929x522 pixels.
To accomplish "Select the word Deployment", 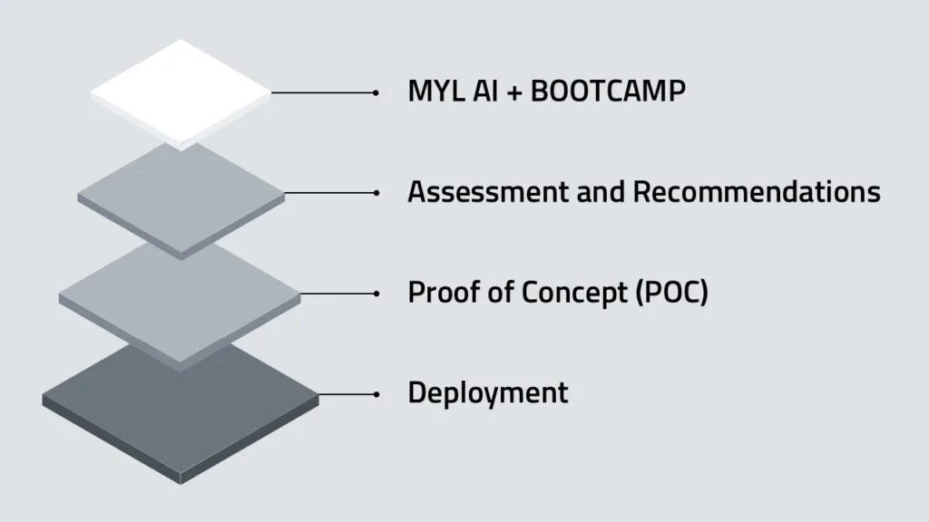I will click(488, 393).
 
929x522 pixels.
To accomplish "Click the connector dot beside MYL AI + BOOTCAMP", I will click(376, 92).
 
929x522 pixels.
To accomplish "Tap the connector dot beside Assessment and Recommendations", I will click(376, 192).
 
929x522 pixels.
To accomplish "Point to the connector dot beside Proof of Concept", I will click(376, 293).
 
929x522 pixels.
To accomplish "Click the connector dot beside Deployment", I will click(376, 393).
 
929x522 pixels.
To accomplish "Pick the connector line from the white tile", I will click(322, 92).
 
